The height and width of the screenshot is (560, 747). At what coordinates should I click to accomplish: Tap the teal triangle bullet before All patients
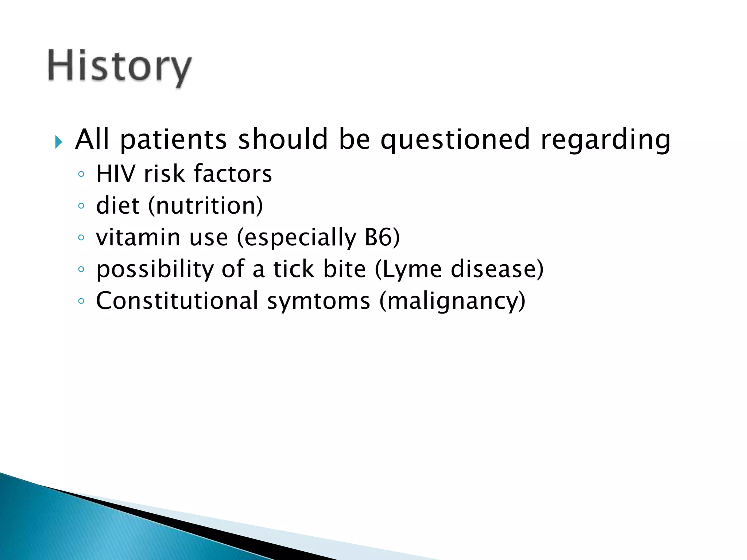(x=58, y=141)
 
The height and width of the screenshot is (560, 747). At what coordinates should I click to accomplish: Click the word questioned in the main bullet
(x=455, y=140)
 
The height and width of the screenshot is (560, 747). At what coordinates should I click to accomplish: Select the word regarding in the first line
(x=605, y=140)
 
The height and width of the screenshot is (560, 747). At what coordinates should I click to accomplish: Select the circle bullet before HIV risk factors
(x=81, y=174)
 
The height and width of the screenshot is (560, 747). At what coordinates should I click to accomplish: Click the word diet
(x=118, y=205)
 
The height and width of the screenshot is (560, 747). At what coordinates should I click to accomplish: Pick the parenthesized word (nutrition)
(x=205, y=206)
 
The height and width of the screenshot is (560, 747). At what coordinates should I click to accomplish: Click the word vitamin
(x=138, y=237)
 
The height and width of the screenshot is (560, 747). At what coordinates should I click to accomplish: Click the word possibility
(x=155, y=270)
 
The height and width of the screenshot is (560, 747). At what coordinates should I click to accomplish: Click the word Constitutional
(x=177, y=301)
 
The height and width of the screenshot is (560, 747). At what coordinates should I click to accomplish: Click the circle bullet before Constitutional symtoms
(x=81, y=301)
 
